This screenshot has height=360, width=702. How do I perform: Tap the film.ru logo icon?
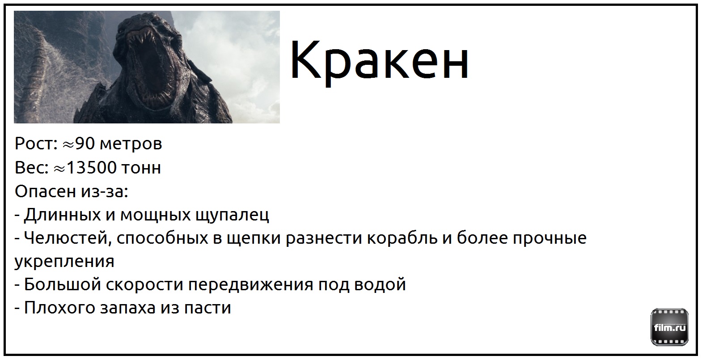669,327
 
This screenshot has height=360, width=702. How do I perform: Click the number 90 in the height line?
85,144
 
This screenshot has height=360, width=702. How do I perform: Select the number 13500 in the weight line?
92,167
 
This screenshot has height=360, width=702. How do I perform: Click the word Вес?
32,167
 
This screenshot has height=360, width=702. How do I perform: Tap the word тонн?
141,168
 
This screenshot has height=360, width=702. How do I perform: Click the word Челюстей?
68,238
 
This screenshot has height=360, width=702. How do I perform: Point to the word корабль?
402,238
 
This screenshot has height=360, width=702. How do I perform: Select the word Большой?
63,284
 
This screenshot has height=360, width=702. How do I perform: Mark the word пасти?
207,308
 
